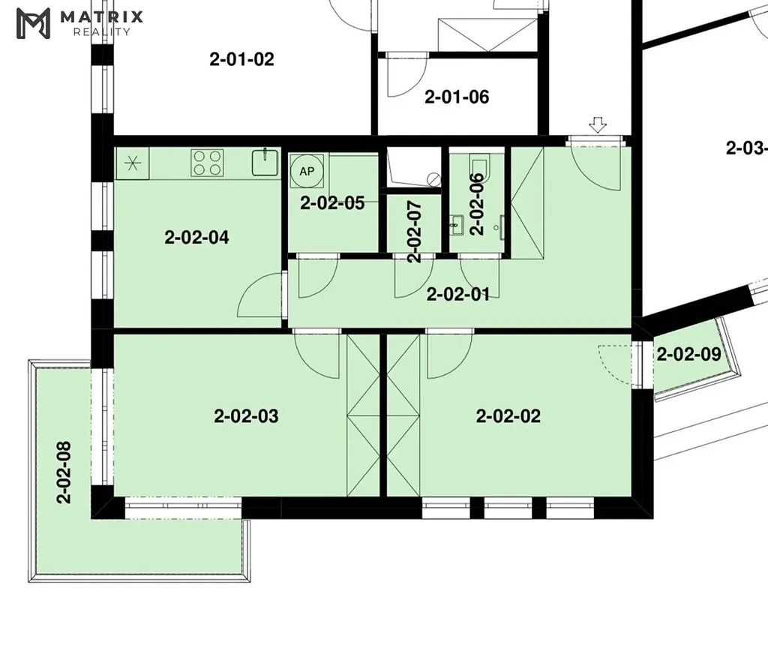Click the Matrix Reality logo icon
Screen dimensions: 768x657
pyautogui.click(x=33, y=23)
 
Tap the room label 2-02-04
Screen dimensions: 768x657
pyautogui.click(x=197, y=238)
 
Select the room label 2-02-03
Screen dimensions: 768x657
pyautogui.click(x=246, y=416)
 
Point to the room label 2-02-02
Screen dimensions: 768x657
pyautogui.click(x=508, y=416)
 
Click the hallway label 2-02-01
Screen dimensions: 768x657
pyautogui.click(x=458, y=295)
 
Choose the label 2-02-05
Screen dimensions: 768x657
pyautogui.click(x=332, y=202)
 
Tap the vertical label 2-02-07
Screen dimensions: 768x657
pyautogui.click(x=414, y=232)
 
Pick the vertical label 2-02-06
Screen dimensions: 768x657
pyautogui.click(x=476, y=204)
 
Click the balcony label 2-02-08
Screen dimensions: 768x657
pyautogui.click(x=64, y=472)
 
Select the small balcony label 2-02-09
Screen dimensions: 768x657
pyautogui.click(x=688, y=354)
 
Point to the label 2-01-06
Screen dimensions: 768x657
pyautogui.click(x=457, y=97)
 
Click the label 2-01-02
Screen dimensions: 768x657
pyautogui.click(x=242, y=59)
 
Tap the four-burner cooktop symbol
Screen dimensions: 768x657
pyautogui.click(x=206, y=163)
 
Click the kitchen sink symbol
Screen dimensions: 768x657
pyautogui.click(x=265, y=162)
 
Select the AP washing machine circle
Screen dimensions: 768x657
pyautogui.click(x=307, y=171)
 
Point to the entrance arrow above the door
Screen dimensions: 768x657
pyautogui.click(x=598, y=124)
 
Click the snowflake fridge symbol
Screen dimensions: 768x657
pyautogui.click(x=132, y=163)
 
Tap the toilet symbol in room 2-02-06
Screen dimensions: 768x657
pyautogui.click(x=478, y=164)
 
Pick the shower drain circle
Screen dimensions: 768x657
pyautogui.click(x=433, y=179)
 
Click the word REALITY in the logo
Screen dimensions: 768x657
pyautogui.click(x=102, y=32)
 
